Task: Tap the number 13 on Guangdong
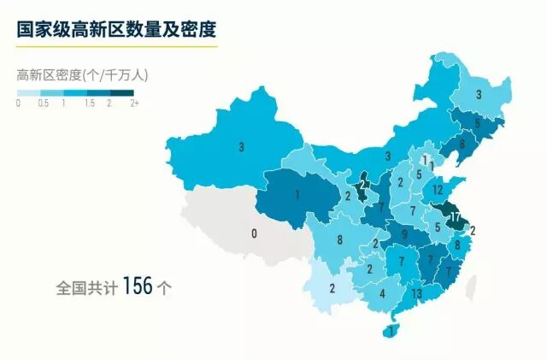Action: point(416,294)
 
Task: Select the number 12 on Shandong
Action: point(438,189)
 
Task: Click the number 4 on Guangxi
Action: point(382,293)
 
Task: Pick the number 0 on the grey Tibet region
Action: point(254,233)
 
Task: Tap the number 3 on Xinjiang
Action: point(242,147)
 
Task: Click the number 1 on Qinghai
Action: point(297,195)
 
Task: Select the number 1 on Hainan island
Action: point(391,330)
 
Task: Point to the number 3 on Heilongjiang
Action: point(478,95)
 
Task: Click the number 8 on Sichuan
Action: point(340,240)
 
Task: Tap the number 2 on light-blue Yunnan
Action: point(332,287)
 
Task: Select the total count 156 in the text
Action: point(138,286)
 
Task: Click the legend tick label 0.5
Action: point(43,103)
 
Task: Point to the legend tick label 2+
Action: point(134,103)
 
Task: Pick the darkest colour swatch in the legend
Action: point(122,92)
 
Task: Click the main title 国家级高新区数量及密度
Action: point(116,28)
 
